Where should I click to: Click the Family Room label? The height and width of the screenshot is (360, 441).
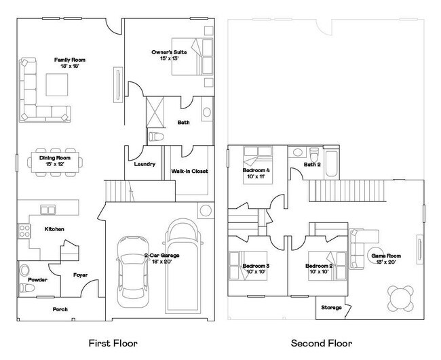tap(69, 60)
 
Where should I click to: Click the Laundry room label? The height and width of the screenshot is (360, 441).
tap(145, 164)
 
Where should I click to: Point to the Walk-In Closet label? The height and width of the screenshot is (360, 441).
tap(189, 171)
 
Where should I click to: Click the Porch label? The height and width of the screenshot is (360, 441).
tap(60, 309)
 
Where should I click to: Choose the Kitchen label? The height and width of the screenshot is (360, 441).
tap(54, 229)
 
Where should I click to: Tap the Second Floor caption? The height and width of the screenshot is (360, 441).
tap(322, 344)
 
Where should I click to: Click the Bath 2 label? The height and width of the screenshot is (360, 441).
tap(311, 165)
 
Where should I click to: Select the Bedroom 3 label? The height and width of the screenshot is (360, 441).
tap(256, 266)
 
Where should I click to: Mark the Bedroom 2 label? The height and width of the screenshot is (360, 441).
tap(318, 266)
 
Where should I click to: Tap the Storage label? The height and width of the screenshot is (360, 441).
tap(331, 307)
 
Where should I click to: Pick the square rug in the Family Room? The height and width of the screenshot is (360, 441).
tap(57, 85)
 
